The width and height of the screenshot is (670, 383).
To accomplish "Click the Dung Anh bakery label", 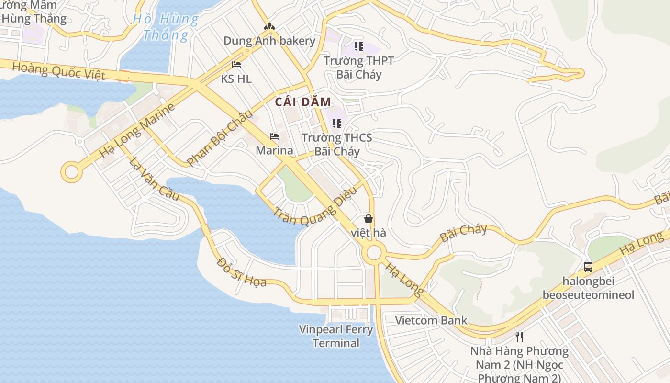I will click(x=269, y=41).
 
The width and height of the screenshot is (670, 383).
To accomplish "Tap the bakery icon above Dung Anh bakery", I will click(x=269, y=27).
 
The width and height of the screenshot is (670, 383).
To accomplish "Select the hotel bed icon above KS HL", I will click(x=236, y=65).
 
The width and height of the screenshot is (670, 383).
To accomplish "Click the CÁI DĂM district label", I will click(x=303, y=101).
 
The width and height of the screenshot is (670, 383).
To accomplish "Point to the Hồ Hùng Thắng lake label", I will click(x=166, y=27).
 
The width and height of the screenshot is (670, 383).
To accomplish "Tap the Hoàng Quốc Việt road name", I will click(x=58, y=71).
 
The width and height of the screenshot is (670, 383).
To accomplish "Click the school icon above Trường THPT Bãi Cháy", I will click(x=358, y=46).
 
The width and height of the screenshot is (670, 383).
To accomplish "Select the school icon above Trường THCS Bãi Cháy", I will click(x=337, y=124).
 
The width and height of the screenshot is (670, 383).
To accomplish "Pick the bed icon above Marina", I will click(x=274, y=136).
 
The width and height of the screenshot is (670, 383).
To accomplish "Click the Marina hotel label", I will click(x=274, y=150).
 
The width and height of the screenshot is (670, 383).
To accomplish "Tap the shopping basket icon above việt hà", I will click(x=368, y=219).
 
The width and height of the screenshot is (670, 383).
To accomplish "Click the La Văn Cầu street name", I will click(x=154, y=179).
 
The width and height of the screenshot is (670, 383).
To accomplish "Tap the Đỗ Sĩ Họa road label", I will click(x=241, y=272).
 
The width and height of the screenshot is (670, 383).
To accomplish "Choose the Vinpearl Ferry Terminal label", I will click(x=336, y=336).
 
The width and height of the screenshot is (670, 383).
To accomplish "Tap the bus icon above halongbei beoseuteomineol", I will click(x=588, y=267).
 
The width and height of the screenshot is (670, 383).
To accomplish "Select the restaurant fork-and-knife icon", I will click(x=519, y=337).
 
